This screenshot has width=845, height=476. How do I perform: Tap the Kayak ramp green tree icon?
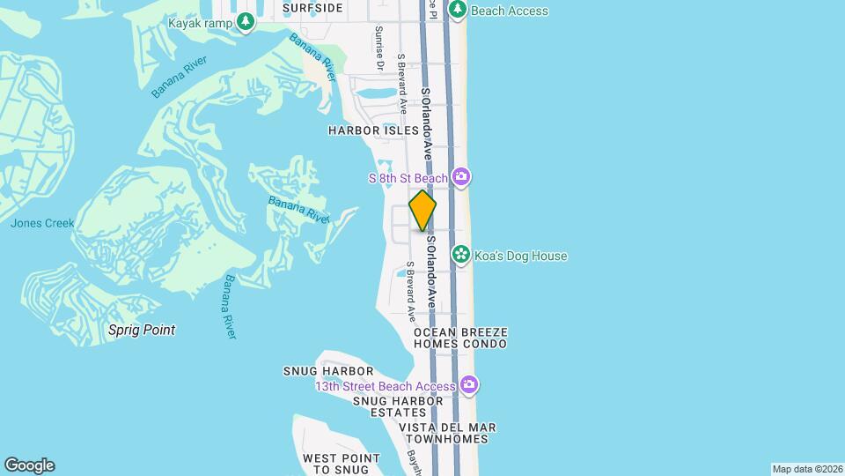[x=246, y=23]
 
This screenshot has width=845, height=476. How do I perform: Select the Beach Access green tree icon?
[x=457, y=10]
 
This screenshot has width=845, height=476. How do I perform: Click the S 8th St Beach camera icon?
[x=461, y=178]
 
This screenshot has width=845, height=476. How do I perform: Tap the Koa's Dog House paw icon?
[x=460, y=255]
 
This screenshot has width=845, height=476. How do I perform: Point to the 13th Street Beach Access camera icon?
[x=470, y=385]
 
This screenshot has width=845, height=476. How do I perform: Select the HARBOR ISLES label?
[x=374, y=130]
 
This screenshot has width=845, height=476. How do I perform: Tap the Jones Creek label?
[x=42, y=223]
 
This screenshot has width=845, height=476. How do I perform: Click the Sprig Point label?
[x=142, y=330]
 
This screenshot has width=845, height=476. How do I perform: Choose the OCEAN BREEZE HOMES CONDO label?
[x=460, y=338]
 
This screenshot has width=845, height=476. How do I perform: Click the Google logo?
[x=29, y=465]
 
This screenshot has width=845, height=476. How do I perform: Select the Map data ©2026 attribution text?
[x=806, y=469]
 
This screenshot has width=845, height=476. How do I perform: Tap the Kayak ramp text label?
[x=200, y=23]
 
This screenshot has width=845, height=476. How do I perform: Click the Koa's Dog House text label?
[x=521, y=256]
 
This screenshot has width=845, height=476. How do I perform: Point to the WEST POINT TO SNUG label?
[x=342, y=464]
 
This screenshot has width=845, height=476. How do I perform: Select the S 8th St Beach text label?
[x=408, y=179]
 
